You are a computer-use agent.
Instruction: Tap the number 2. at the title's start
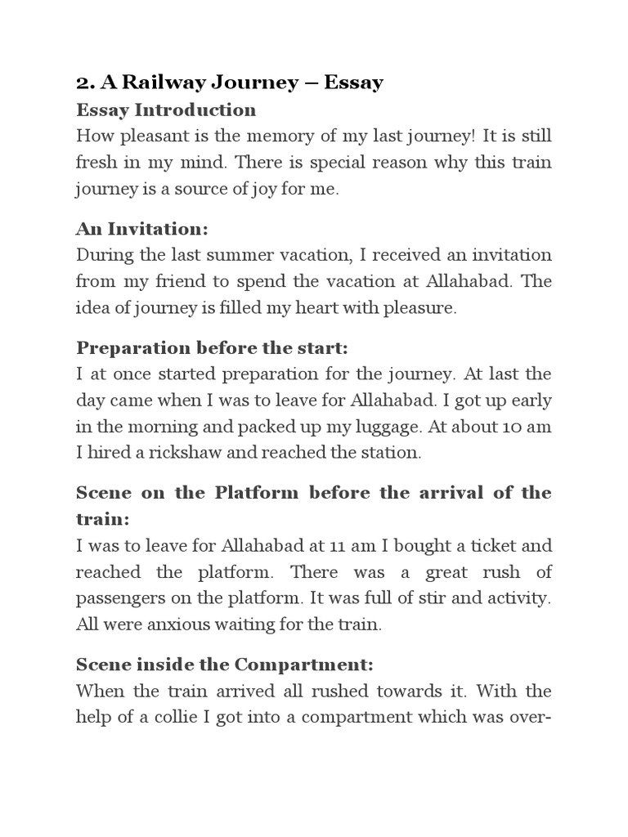point(86,83)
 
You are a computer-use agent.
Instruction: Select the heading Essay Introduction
point(166,110)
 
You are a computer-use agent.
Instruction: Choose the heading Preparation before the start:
point(212,348)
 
